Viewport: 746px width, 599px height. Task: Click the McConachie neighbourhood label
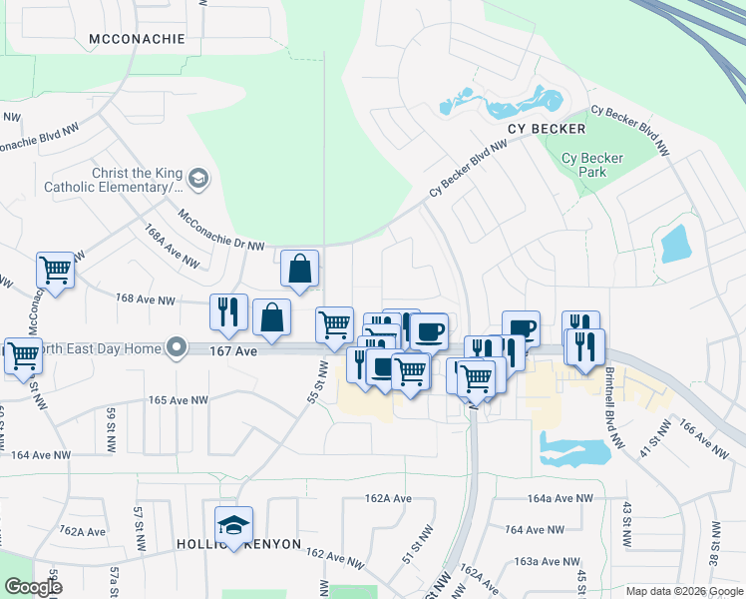coord(137,39)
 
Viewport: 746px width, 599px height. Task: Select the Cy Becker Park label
coord(591,165)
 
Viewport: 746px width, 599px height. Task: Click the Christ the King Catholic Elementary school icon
coord(198,179)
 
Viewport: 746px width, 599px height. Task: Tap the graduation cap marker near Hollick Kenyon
coord(233,524)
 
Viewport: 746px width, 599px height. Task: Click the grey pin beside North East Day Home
coord(177,347)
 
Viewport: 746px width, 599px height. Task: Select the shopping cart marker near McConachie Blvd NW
coord(55,270)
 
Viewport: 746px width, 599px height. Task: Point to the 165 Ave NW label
coord(178,400)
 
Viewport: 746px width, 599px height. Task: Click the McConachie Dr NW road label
coord(221,230)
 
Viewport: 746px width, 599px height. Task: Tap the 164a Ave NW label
coord(560,498)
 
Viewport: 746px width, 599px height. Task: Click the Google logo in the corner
coord(33,587)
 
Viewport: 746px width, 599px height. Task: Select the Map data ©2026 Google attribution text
coord(682,591)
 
